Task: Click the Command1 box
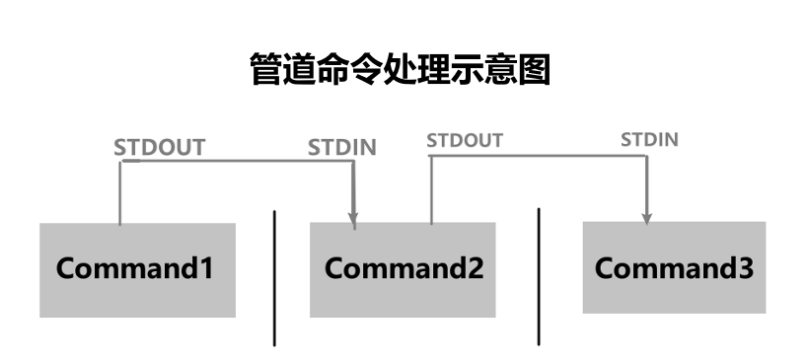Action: (x=137, y=269)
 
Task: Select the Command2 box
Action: (x=403, y=268)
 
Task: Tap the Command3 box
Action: (x=674, y=267)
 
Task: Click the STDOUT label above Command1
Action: (x=159, y=148)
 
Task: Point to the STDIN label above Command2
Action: (x=341, y=148)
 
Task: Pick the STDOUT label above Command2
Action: (x=465, y=140)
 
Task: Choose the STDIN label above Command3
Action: (x=649, y=139)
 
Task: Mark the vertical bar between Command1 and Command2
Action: (x=274, y=277)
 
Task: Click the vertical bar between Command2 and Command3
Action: (x=539, y=276)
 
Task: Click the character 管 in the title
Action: (x=267, y=70)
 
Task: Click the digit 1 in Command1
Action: (x=205, y=268)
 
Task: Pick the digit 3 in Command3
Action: (x=745, y=267)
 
